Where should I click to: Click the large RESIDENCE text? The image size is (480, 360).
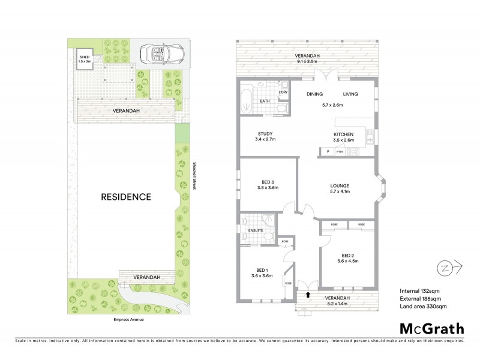pos(125,196)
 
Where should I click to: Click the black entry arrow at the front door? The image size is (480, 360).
pos(308,294)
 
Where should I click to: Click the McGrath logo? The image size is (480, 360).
pos(431,328)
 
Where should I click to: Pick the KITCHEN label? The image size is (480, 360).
pos(344,134)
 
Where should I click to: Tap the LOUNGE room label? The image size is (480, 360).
pos(339,185)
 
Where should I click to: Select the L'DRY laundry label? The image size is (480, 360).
pos(283,92)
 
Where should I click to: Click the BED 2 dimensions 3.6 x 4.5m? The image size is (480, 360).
pos(347,260)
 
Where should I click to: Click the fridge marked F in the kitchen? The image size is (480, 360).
pos(328,151)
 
